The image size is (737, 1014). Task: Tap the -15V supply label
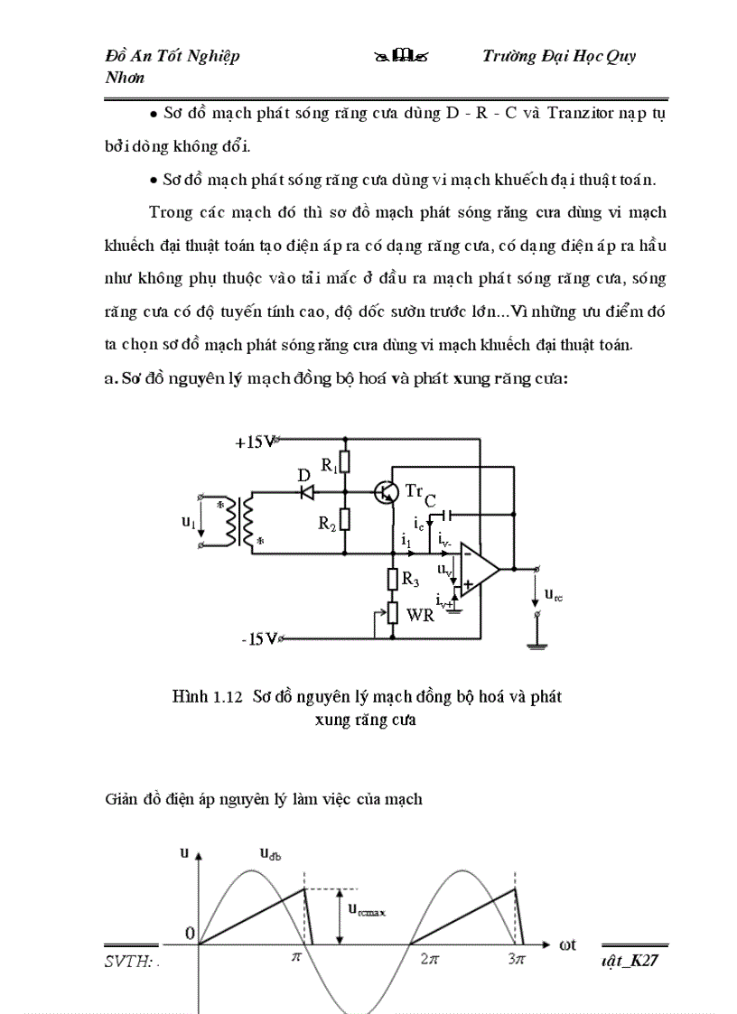click(x=257, y=639)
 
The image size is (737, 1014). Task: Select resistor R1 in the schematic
click(x=344, y=462)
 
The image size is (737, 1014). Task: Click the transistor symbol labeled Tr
click(x=387, y=492)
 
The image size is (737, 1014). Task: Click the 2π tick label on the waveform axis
click(x=430, y=961)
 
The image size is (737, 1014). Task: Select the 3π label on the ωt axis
click(x=516, y=961)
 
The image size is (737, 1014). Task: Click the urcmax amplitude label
click(x=368, y=912)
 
